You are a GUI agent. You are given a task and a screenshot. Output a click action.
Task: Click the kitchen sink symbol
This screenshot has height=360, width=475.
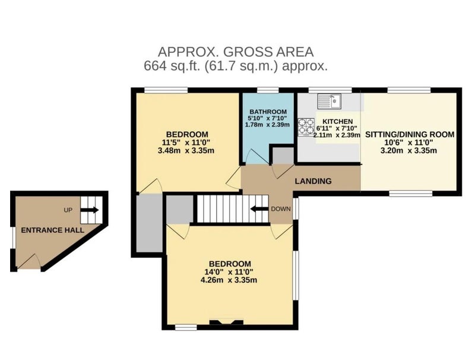[330, 101]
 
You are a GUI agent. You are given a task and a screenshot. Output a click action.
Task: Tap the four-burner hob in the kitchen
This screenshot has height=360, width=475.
[306, 126]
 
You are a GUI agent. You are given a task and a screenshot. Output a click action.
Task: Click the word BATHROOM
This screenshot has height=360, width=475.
[268, 112]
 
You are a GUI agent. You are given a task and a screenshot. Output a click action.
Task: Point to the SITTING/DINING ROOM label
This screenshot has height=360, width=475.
[410, 134]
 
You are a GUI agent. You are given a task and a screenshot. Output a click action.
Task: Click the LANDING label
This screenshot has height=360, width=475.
[313, 181]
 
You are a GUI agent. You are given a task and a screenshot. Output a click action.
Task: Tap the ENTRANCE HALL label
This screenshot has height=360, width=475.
[52, 230]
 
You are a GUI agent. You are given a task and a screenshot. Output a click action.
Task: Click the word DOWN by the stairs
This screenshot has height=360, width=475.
[281, 209]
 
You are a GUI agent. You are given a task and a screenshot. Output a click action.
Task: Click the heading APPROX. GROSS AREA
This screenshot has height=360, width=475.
[236, 52]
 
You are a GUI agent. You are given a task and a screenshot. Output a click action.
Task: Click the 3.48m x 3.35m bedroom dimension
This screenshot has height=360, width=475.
[186, 150]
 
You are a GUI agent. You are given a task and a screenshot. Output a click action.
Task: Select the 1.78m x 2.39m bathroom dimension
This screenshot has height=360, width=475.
[267, 125]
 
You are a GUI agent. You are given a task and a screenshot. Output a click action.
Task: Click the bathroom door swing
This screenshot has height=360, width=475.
[257, 157]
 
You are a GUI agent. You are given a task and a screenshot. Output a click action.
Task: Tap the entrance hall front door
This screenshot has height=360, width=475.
[29, 261]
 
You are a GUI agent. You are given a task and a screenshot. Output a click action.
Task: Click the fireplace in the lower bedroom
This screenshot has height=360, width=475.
[226, 323]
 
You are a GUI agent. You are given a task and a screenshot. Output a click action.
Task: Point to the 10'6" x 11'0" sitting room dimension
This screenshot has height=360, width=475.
[408, 143]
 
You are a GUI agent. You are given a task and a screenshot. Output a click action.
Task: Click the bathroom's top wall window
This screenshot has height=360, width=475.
[268, 90]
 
